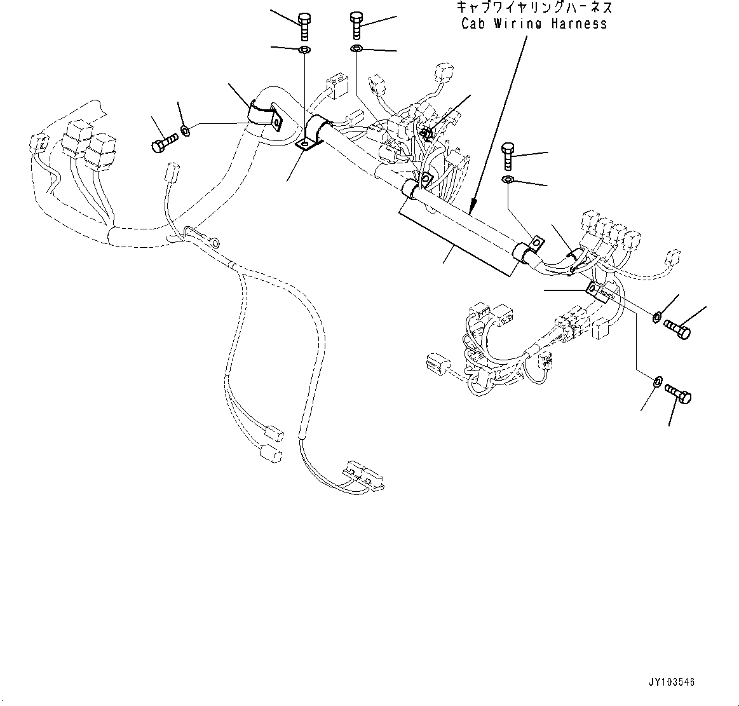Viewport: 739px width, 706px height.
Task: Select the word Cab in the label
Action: [473, 24]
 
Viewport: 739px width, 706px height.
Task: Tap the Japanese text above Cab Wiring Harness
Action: [534, 8]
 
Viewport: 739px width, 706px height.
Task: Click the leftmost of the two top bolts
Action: [304, 25]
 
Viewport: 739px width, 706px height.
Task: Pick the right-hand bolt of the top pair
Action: [356, 25]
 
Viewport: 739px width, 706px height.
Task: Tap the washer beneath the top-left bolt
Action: [304, 50]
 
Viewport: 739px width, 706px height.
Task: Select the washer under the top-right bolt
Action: [357, 49]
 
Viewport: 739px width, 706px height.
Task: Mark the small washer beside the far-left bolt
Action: [185, 131]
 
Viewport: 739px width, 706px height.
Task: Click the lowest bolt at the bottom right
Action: [678, 394]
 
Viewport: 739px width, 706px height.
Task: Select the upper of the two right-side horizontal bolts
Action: [677, 329]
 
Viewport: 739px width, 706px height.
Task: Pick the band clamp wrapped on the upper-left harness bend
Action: [263, 115]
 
